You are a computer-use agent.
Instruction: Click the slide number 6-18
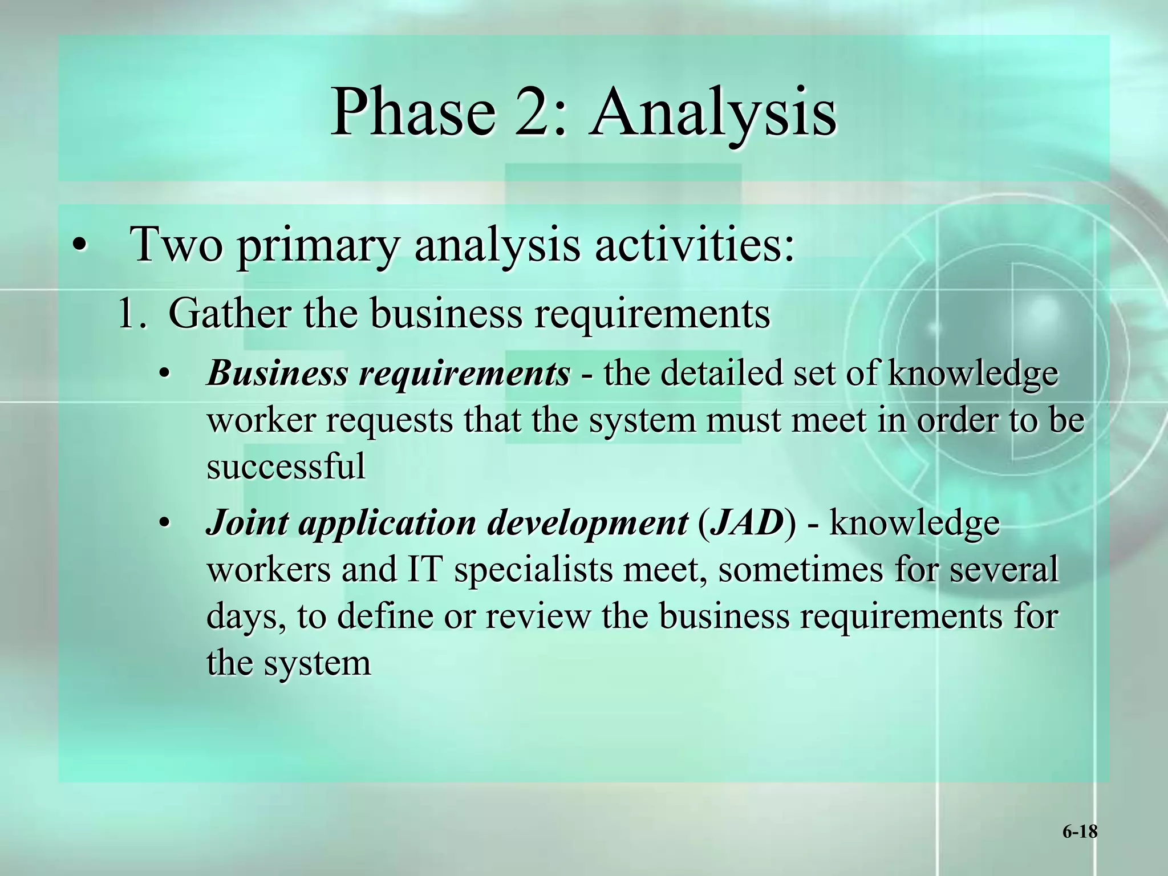(1080, 832)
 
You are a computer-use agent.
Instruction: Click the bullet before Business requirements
(164, 375)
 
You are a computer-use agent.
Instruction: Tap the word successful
(286, 466)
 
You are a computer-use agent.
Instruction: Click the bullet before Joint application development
(164, 524)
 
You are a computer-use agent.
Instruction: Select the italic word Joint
(246, 522)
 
